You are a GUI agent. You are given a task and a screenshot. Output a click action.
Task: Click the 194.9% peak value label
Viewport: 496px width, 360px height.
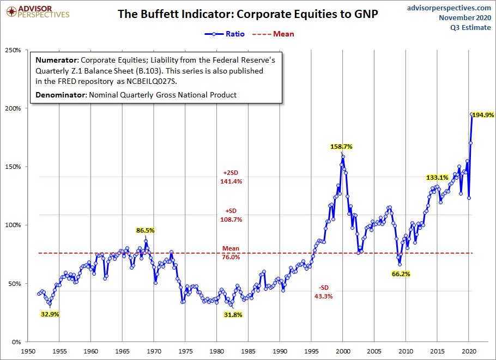click(483, 115)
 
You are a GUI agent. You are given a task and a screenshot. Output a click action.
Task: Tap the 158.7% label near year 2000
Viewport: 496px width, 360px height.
click(341, 147)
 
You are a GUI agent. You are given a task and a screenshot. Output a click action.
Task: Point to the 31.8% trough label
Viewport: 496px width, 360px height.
click(233, 315)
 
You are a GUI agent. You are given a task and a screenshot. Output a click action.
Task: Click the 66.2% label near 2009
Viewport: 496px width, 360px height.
click(401, 274)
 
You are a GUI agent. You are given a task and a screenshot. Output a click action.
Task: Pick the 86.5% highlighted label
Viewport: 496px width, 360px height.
click(145, 230)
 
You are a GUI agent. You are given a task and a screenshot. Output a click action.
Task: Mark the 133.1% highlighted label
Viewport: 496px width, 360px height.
click(437, 178)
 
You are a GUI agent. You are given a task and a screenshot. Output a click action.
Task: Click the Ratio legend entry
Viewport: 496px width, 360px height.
click(224, 34)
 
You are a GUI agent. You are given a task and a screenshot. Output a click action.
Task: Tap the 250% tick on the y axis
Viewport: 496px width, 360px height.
click(13, 50)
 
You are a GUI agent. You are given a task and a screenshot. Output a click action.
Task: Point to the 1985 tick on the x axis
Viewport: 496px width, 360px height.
click(249, 351)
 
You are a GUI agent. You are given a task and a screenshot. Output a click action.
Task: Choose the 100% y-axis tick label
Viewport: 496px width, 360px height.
click(13, 225)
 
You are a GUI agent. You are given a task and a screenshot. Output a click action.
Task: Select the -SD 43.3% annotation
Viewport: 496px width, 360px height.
click(323, 292)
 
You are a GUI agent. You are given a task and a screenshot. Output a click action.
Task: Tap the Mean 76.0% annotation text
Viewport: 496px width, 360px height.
click(231, 253)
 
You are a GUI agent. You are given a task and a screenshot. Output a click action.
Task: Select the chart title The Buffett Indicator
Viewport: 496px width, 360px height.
click(248, 14)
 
